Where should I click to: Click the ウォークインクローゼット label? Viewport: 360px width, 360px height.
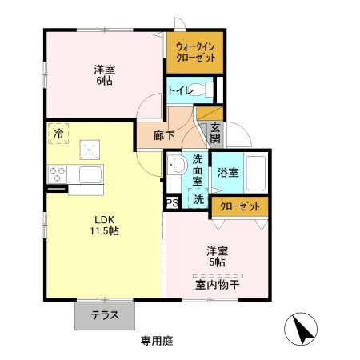(195, 53)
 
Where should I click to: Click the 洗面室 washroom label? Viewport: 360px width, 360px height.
(192, 170)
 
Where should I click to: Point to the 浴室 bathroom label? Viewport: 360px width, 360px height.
(226, 172)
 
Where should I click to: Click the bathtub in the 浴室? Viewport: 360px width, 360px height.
(256, 171)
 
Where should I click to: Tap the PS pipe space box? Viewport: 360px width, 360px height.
(171, 203)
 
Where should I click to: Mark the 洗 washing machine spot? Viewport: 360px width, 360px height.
(197, 198)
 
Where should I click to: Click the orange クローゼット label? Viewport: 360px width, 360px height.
(240, 206)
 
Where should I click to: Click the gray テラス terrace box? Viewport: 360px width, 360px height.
(104, 315)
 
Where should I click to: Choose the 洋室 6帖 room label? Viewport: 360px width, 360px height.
(103, 74)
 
